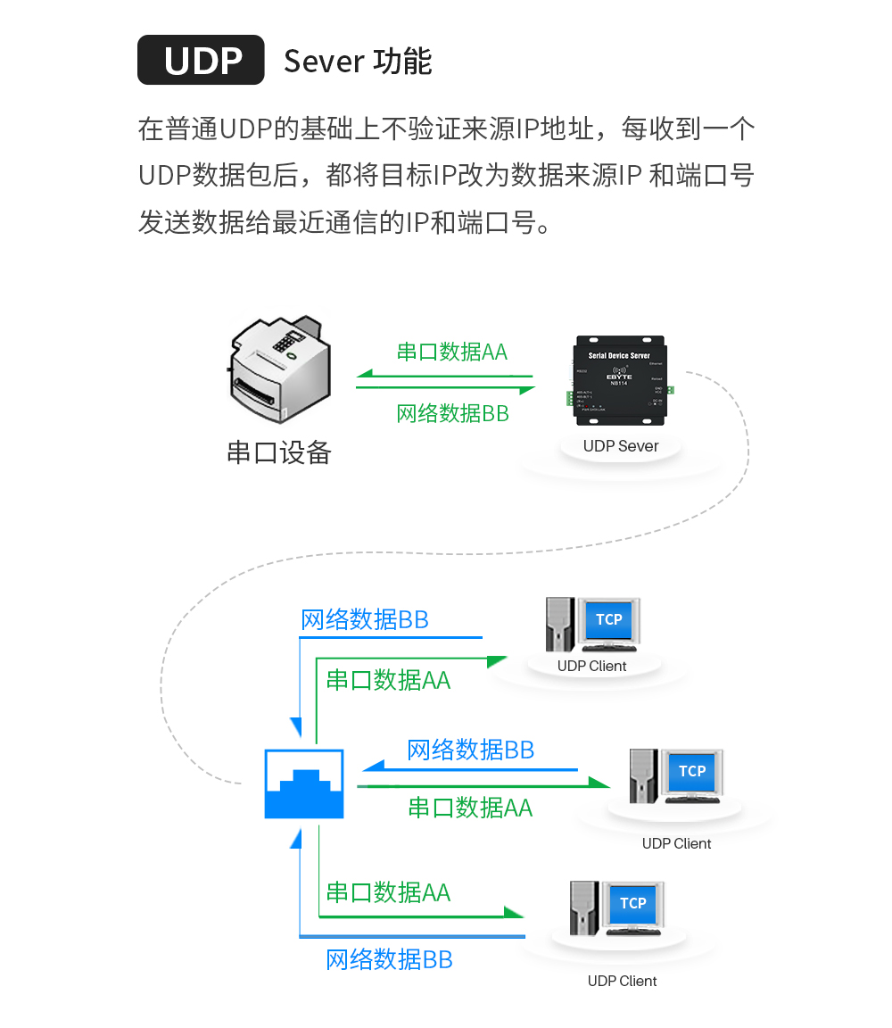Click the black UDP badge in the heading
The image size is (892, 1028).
coord(201,60)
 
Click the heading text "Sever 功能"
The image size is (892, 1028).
coord(358,62)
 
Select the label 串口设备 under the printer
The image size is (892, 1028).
coord(278,452)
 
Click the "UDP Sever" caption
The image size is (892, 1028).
coord(621,446)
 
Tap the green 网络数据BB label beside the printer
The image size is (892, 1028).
coord(452,413)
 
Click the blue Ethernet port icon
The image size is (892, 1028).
coord(304,783)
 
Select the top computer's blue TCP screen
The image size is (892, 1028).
coord(609,619)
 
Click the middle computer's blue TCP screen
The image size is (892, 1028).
coord(692,771)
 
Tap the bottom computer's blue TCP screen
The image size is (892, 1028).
coord(633,903)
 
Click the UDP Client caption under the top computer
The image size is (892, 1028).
coord(592,667)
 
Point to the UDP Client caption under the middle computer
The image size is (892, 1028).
coord(677,844)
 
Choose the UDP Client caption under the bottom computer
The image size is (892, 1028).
coord(623,982)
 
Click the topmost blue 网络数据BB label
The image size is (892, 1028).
coord(365,619)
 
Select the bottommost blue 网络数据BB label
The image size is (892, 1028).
coord(389,960)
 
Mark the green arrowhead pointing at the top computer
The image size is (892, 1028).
coord(497,660)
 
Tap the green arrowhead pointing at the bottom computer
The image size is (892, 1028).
coord(514,913)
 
